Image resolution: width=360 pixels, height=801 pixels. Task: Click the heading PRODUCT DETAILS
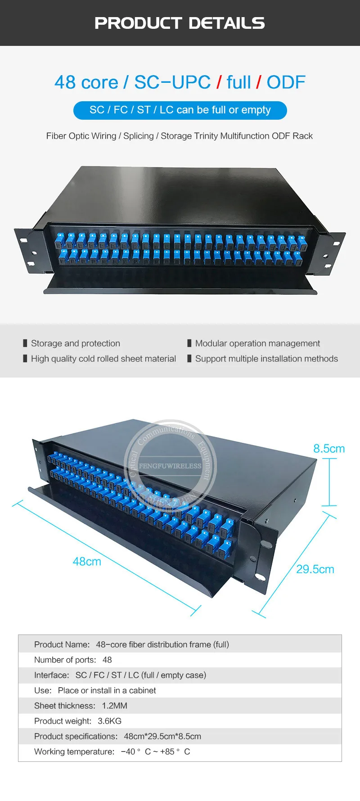(x=180, y=23)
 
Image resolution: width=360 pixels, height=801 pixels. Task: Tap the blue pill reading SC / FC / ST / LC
(x=180, y=110)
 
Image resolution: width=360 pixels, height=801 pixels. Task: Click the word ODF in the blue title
(x=286, y=82)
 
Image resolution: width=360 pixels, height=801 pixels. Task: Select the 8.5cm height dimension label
(x=328, y=449)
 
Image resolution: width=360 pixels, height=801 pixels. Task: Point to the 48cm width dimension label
(x=87, y=562)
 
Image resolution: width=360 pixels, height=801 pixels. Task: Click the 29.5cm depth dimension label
(x=315, y=569)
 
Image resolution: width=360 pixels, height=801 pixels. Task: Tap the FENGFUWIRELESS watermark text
(x=170, y=466)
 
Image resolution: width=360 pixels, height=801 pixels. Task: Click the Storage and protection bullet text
(x=76, y=343)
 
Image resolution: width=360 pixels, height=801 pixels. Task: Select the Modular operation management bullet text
(x=257, y=343)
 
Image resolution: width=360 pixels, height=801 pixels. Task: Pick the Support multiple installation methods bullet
(x=266, y=359)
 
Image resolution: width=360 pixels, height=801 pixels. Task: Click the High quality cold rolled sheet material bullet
(x=103, y=359)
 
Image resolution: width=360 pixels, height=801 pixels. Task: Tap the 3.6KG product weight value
(x=109, y=721)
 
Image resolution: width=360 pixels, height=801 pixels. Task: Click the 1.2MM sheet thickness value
(x=114, y=706)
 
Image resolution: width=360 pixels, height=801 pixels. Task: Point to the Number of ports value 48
(x=107, y=660)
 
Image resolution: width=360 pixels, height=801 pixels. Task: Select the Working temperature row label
(x=74, y=751)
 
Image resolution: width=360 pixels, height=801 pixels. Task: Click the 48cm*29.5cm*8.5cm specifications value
(x=162, y=736)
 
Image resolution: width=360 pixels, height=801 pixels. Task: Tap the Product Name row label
(x=62, y=644)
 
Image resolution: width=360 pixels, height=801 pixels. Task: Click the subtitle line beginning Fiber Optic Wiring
(x=180, y=136)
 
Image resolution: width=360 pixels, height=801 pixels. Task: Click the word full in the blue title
(x=238, y=82)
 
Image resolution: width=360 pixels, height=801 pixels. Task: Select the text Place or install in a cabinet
(x=107, y=690)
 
